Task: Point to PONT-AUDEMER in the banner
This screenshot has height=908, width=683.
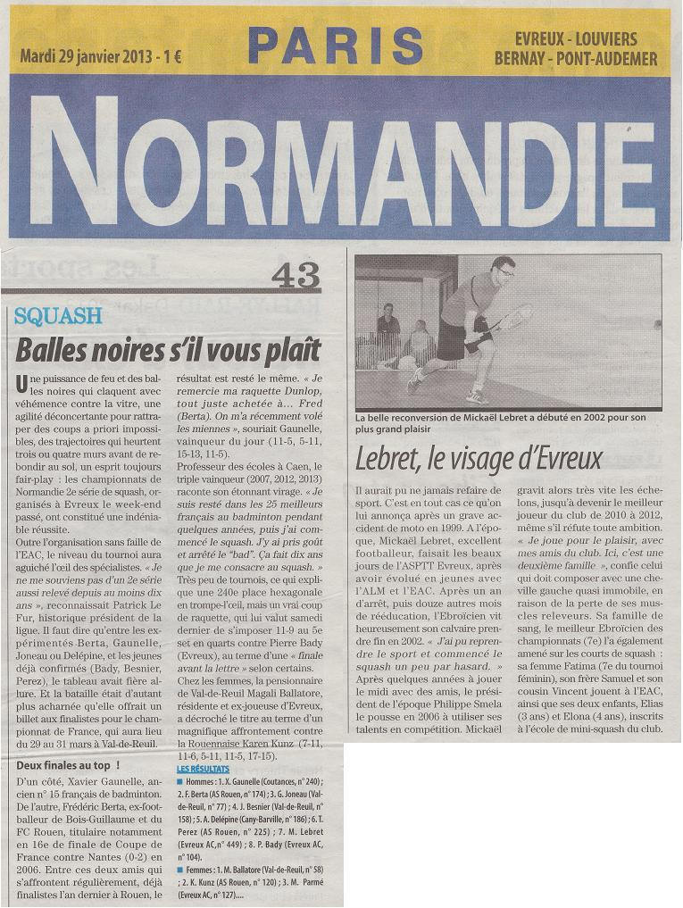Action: coord(609,59)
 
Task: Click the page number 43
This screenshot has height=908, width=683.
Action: coord(295,277)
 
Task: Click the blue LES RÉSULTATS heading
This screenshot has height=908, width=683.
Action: coord(203,769)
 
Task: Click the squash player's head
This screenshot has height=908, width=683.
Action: coord(503,268)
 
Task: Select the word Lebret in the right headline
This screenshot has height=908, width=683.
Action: coord(389,458)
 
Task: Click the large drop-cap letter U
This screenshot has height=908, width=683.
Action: coord(21,384)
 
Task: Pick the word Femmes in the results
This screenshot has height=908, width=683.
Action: coord(200,868)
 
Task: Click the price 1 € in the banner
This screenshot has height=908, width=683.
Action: coord(170,56)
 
